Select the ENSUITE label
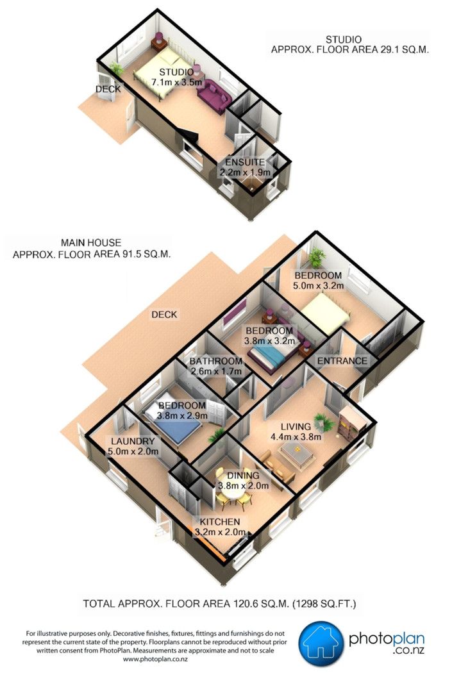pyautogui.click(x=245, y=162)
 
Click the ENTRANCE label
pyautogui.click(x=342, y=361)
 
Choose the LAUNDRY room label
pyautogui.click(x=133, y=441)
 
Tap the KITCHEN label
pyautogui.click(x=220, y=522)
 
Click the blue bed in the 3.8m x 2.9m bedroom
pyautogui.click(x=173, y=424)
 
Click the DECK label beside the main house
pyautogui.click(x=164, y=315)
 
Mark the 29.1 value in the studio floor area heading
pyautogui.click(x=390, y=49)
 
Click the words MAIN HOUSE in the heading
pyautogui.click(x=91, y=242)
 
